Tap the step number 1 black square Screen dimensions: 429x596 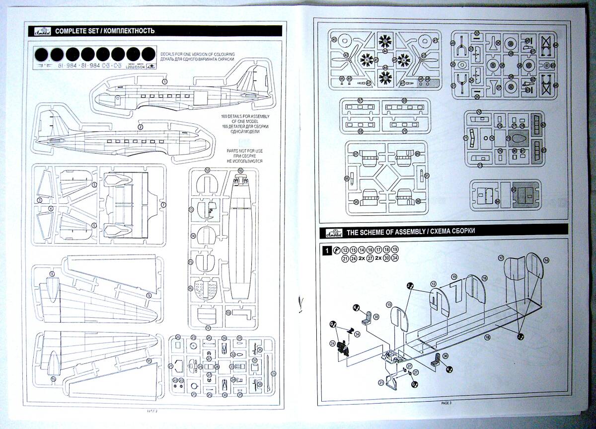tap(326, 251)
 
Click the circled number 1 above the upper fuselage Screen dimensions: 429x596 tap(164, 81)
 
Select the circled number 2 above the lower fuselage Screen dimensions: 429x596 tap(141, 127)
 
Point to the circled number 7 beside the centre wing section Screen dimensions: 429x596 tap(163, 204)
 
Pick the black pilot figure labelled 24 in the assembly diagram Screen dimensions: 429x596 tap(342, 345)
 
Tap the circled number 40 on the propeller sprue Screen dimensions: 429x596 tap(334, 40)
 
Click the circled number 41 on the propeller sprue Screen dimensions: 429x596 tap(435, 40)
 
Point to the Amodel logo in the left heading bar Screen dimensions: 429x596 tap(41, 31)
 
